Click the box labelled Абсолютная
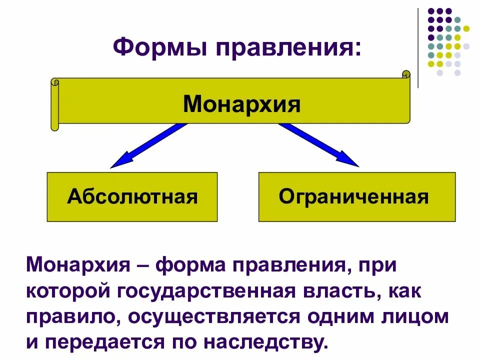coord(132,196)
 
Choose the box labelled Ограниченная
coord(357,196)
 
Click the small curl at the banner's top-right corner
coord(405,75)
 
